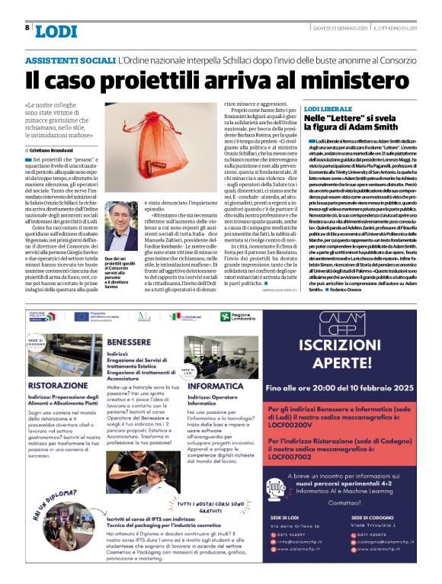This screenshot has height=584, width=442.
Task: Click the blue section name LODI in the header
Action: (x=56, y=30)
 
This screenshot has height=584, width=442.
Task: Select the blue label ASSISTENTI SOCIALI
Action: (x=70, y=59)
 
